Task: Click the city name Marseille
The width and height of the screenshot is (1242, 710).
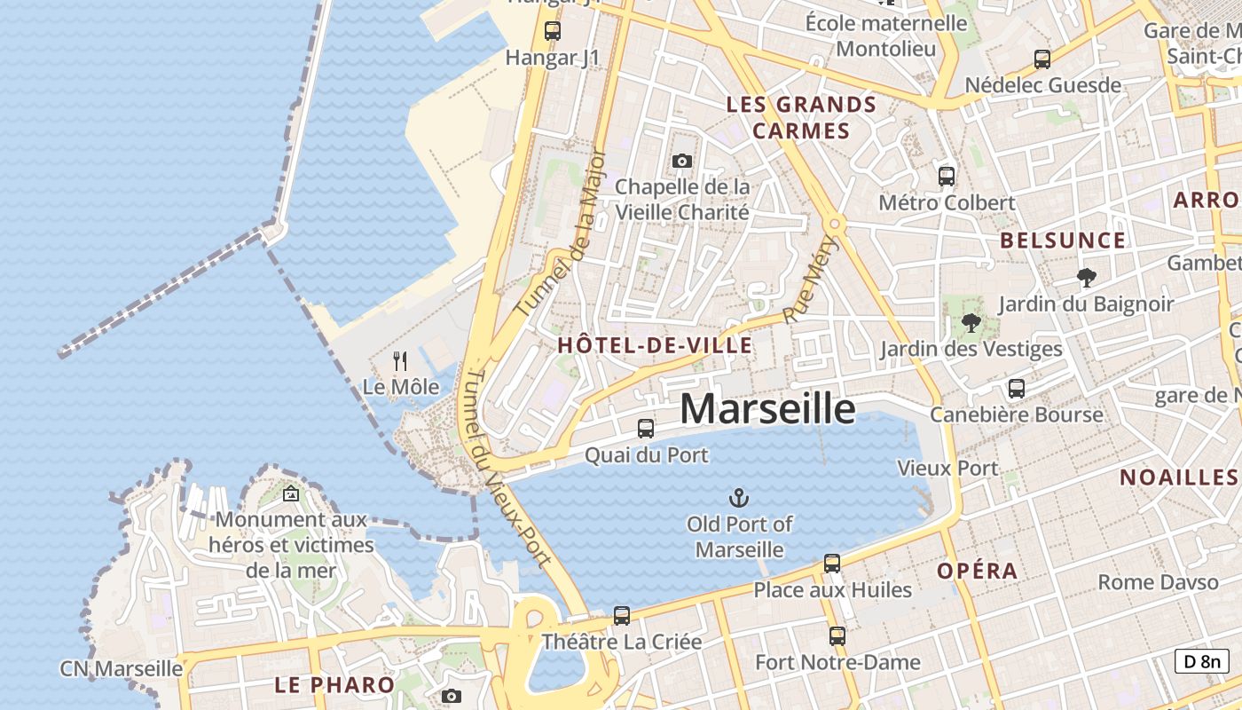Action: pyautogui.click(x=767, y=409)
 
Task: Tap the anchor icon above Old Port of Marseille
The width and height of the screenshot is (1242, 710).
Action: pyautogui.click(x=739, y=498)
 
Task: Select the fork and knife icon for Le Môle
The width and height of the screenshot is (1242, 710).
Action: pyautogui.click(x=400, y=361)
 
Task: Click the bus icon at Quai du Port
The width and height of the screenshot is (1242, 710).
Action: pyautogui.click(x=646, y=429)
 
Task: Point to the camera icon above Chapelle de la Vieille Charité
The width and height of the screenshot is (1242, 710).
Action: pyautogui.click(x=681, y=161)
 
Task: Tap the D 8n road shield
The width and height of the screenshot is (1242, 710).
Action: pyautogui.click(x=1202, y=660)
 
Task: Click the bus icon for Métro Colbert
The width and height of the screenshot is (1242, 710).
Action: pyautogui.click(x=947, y=176)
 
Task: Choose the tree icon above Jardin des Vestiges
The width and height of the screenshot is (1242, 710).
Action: pyautogui.click(x=971, y=323)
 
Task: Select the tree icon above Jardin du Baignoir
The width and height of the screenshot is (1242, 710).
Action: pyautogui.click(x=1086, y=278)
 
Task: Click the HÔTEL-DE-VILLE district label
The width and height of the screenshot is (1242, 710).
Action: pyautogui.click(x=655, y=346)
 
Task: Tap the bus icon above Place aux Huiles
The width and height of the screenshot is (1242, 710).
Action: pyautogui.click(x=832, y=563)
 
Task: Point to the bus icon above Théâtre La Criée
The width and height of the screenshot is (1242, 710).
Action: pyautogui.click(x=622, y=615)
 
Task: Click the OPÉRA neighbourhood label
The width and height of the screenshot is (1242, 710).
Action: pyautogui.click(x=978, y=571)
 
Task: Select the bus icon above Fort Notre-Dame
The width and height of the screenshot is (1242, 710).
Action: pyautogui.click(x=837, y=635)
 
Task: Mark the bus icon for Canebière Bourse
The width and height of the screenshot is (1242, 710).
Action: pyautogui.click(x=1017, y=389)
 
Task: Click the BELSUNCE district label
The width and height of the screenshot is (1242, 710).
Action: pyautogui.click(x=1063, y=241)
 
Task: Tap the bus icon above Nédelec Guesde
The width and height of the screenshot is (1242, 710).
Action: pyautogui.click(x=1042, y=59)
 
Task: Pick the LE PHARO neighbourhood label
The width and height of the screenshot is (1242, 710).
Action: pyautogui.click(x=334, y=684)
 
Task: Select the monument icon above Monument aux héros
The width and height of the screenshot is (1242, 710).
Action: pyautogui.click(x=291, y=494)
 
